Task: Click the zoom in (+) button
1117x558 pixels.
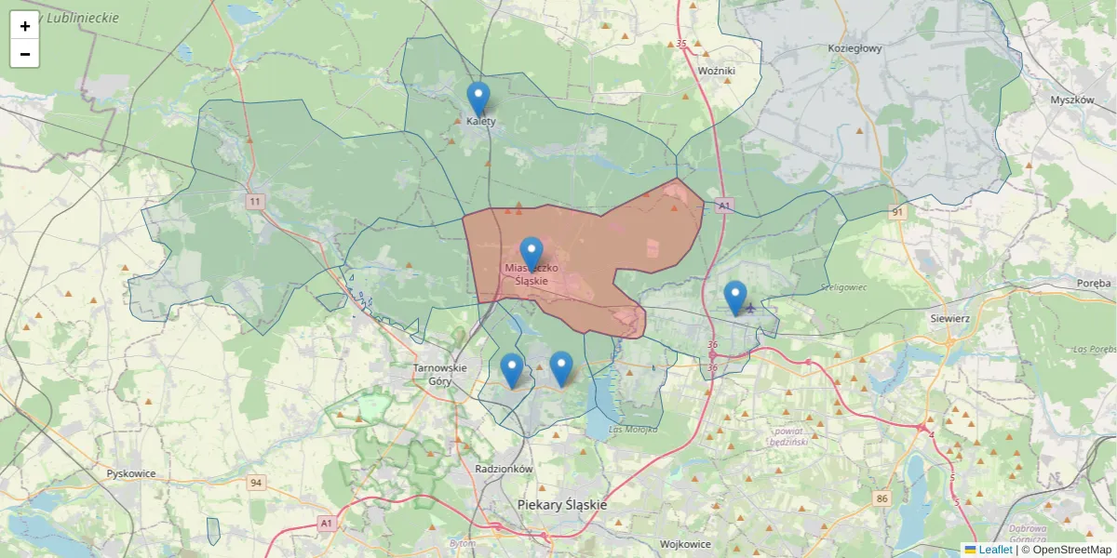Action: pyautogui.click(x=25, y=26)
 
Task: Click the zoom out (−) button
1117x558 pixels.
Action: pyautogui.click(x=25, y=54)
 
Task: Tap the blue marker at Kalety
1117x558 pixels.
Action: pyautogui.click(x=478, y=100)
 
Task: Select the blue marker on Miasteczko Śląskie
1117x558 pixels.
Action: pyautogui.click(x=532, y=254)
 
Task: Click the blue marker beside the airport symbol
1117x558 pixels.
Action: pyautogui.click(x=735, y=298)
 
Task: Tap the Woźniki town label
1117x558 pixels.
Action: pyautogui.click(x=717, y=71)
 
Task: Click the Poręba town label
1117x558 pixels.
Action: pyautogui.click(x=1093, y=284)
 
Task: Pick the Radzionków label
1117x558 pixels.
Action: pyautogui.click(x=503, y=470)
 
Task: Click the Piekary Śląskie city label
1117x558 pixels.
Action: pyautogui.click(x=562, y=505)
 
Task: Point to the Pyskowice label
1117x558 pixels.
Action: pyautogui.click(x=131, y=473)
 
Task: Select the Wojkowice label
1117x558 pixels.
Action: pyautogui.click(x=685, y=544)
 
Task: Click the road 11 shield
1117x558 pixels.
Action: pyautogui.click(x=255, y=201)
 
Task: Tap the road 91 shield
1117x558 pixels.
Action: pyautogui.click(x=897, y=212)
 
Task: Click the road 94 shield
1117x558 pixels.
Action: pyautogui.click(x=256, y=483)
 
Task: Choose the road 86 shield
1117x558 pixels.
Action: pyautogui.click(x=882, y=499)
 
